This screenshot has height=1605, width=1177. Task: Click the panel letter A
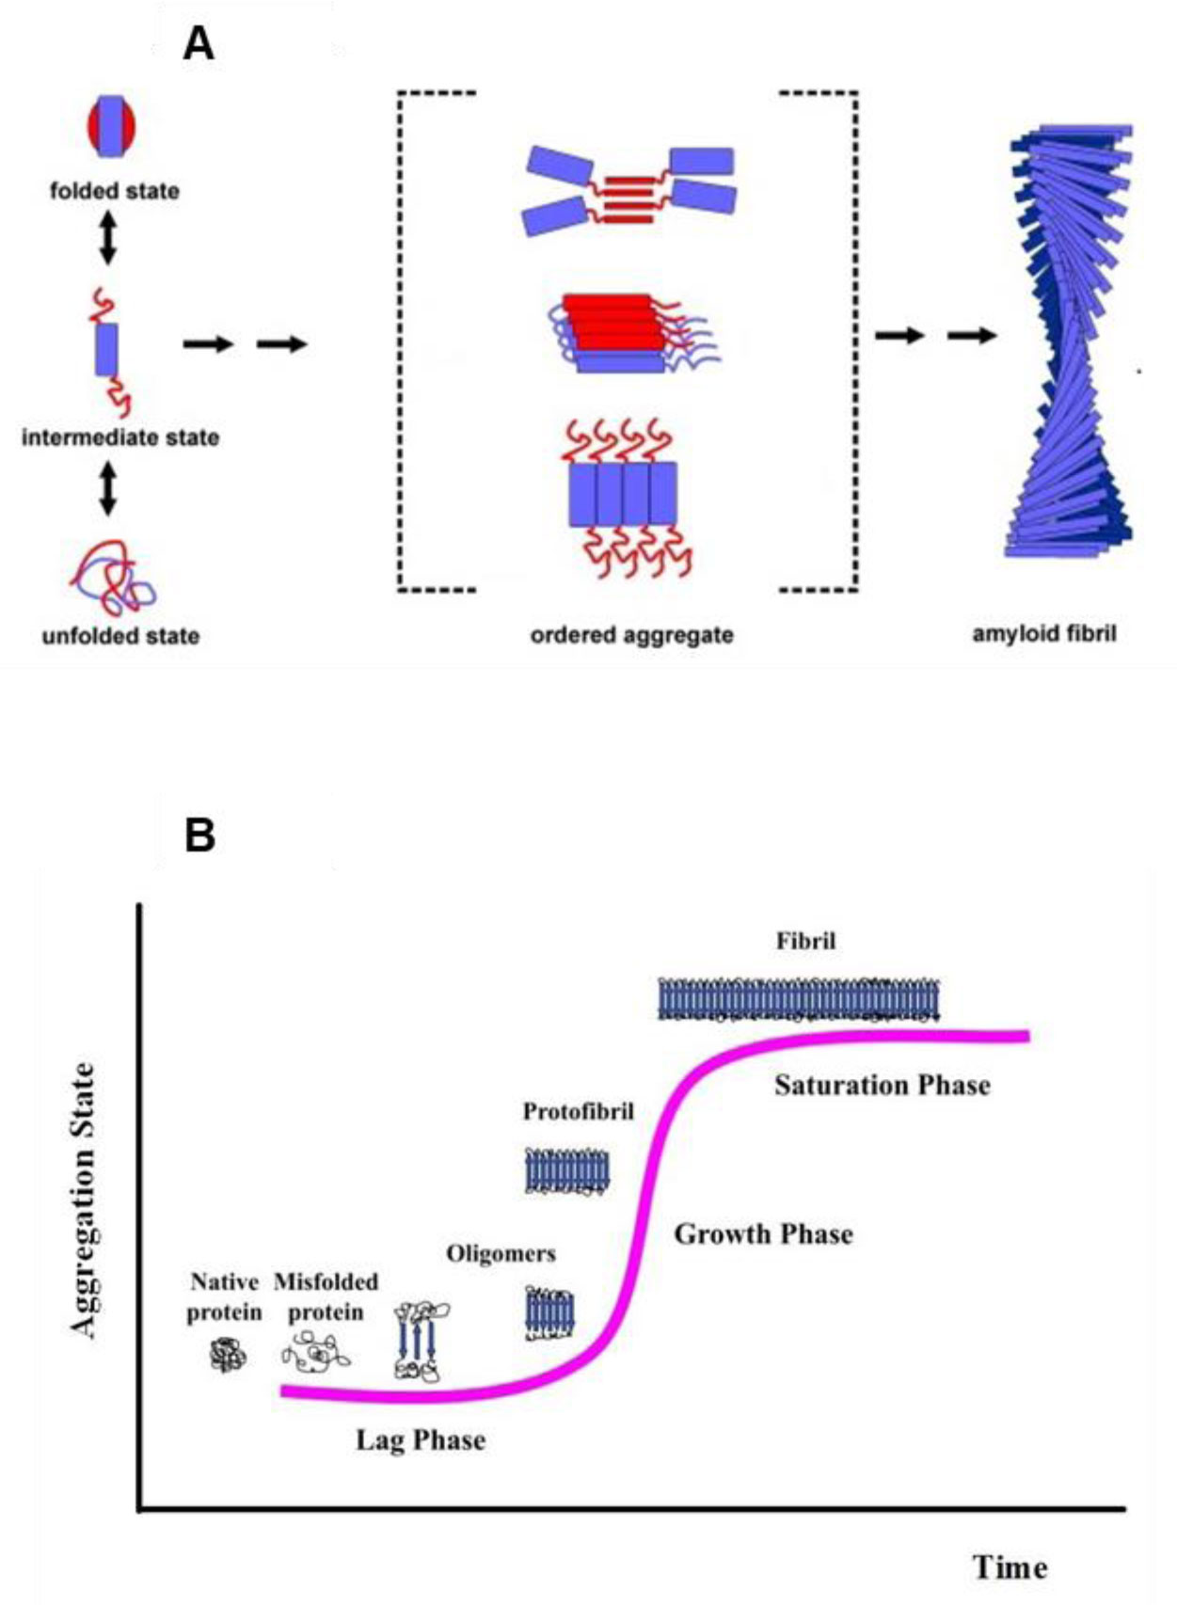[198, 43]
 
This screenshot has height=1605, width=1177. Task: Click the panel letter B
[200, 834]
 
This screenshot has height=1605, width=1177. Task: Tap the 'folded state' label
[115, 191]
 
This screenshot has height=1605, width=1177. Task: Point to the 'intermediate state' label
[120, 437]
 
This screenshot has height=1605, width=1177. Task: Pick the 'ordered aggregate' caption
[631, 635]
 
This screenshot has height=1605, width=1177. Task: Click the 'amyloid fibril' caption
[1044, 633]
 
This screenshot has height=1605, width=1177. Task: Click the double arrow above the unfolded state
[108, 487]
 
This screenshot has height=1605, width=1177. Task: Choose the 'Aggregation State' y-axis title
[85, 1200]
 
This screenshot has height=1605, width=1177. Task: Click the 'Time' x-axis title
[1010, 1567]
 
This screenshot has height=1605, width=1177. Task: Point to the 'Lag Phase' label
[421, 1440]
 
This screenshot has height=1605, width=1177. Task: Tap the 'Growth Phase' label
[763, 1234]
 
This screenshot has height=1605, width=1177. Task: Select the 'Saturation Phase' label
[883, 1086]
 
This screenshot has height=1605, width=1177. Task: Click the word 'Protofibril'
[579, 1112]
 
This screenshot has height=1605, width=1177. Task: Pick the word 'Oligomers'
[501, 1254]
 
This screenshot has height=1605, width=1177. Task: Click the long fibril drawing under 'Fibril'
[799, 999]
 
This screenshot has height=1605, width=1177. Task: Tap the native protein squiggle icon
[226, 1356]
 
